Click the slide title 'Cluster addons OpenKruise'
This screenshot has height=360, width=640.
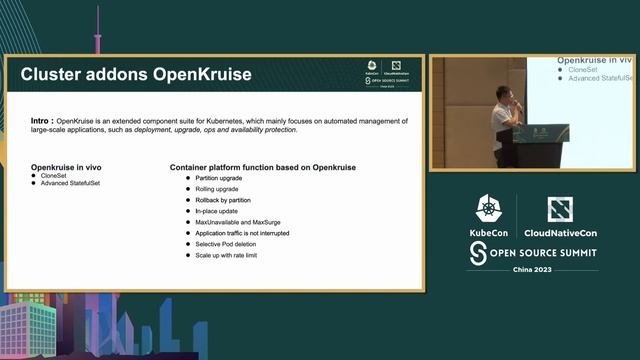(x=136, y=75)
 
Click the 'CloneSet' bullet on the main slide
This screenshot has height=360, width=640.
(x=55, y=175)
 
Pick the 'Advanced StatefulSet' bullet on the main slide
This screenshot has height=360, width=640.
(x=71, y=183)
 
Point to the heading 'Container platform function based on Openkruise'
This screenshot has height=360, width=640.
(x=262, y=166)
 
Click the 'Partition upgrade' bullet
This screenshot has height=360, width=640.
(x=218, y=178)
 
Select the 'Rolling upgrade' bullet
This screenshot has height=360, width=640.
(x=217, y=189)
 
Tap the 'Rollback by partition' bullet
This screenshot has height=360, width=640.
(x=223, y=200)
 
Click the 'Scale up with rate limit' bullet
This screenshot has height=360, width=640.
(x=226, y=255)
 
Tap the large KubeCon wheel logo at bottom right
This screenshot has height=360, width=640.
(x=489, y=210)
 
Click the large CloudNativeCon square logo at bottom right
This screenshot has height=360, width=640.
(x=560, y=210)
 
